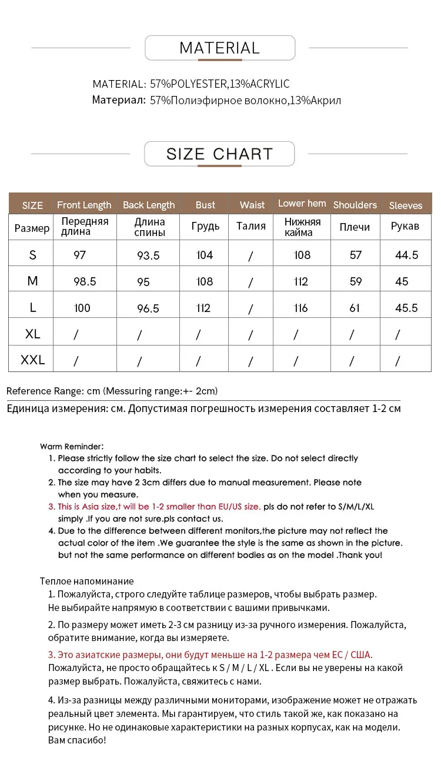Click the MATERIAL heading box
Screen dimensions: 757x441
pos(219,48)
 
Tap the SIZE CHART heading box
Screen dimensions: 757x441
pos(219,154)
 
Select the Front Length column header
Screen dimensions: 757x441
pos(84,205)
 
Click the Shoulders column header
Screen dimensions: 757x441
pos(355,205)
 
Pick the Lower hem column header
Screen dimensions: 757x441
pos(302,204)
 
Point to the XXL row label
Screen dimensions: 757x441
pos(32,359)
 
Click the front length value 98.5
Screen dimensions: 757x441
pos(85,281)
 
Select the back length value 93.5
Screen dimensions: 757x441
pos(148,255)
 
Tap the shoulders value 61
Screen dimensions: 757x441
pos(355,308)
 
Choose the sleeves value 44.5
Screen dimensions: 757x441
pos(406,255)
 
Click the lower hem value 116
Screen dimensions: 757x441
pos(300,308)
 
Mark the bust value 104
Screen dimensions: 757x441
pos(205,255)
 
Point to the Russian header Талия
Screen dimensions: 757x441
pos(251,226)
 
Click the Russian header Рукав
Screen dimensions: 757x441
pos(405,226)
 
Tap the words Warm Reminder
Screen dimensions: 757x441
pos(72,447)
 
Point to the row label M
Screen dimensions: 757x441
pos(32,281)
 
